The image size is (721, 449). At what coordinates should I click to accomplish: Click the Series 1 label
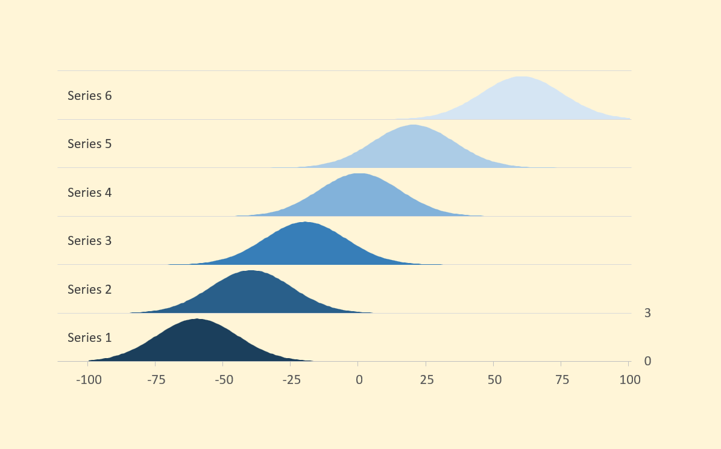click(x=89, y=338)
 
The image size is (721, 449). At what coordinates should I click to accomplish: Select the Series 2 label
click(x=89, y=290)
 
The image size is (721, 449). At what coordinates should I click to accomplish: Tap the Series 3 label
click(x=89, y=241)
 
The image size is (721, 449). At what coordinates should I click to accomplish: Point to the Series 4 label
click(x=89, y=193)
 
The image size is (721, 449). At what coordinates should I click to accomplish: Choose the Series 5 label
click(x=89, y=144)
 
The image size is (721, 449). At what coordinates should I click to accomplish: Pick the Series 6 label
click(x=89, y=96)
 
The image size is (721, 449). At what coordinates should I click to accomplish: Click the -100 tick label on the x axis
click(x=88, y=380)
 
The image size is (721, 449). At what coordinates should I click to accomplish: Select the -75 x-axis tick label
click(x=156, y=380)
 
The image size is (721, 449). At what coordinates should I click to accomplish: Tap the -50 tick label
click(x=223, y=380)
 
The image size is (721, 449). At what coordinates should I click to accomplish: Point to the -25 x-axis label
click(x=291, y=380)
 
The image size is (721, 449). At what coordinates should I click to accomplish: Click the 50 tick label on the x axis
click(x=494, y=380)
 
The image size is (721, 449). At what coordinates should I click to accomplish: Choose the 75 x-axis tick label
click(x=561, y=380)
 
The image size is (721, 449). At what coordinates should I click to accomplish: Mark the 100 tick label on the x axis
click(x=629, y=380)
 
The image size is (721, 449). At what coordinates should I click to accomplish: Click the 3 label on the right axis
click(x=647, y=313)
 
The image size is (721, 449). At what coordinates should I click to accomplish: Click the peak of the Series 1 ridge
click(x=197, y=319)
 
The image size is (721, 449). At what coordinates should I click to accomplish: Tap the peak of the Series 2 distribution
click(x=250, y=271)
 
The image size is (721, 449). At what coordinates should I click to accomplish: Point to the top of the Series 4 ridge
click(x=359, y=174)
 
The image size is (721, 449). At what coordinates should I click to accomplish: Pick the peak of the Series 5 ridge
click(x=413, y=125)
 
